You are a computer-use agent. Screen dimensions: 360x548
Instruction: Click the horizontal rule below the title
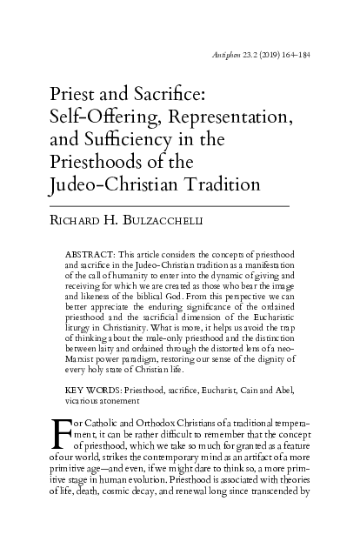[x=166, y=205]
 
